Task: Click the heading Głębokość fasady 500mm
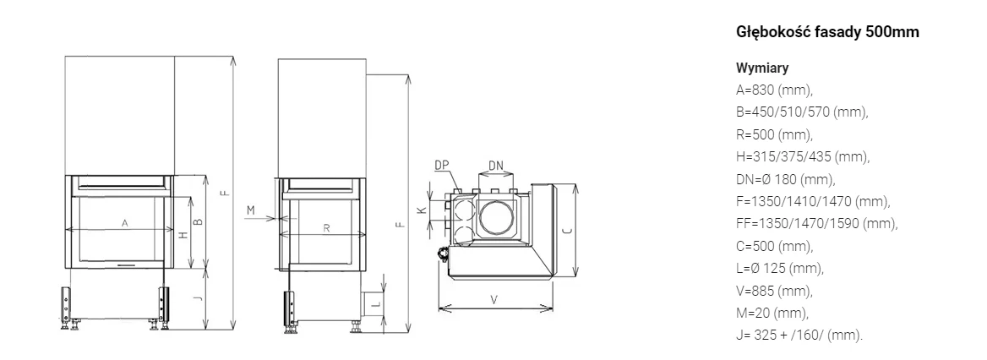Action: (827, 32)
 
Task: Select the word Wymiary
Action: (762, 68)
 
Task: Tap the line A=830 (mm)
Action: (774, 90)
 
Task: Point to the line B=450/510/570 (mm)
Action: (802, 112)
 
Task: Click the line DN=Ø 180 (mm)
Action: (786, 179)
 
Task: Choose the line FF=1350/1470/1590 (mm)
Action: (817, 223)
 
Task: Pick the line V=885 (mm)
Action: (774, 291)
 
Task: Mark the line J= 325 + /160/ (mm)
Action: (799, 335)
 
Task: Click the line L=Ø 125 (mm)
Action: (780, 268)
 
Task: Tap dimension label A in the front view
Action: (124, 223)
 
